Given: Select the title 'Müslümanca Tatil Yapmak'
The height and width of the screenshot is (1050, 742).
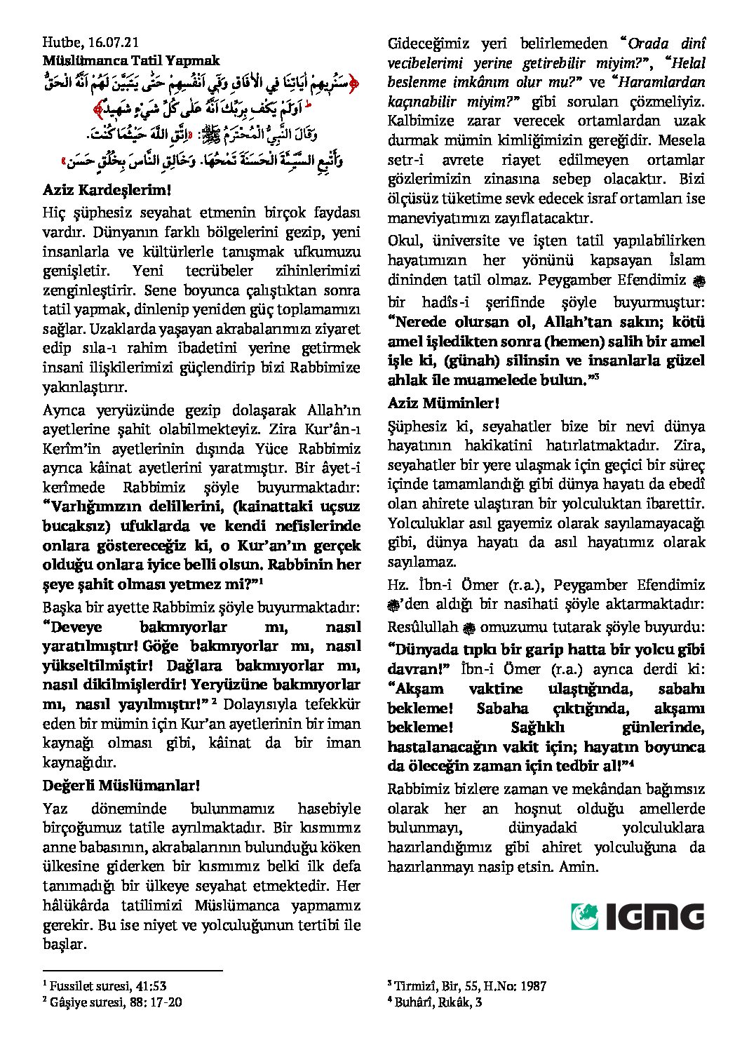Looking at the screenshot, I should (131, 61).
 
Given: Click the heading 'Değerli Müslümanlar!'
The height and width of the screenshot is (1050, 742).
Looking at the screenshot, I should (121, 785).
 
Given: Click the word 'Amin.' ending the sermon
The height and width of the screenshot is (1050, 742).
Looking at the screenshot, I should (579, 866).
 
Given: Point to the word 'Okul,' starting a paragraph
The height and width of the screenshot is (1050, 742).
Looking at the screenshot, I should (405, 241).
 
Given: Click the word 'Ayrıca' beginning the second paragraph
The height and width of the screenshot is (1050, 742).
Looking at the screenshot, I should (64, 410).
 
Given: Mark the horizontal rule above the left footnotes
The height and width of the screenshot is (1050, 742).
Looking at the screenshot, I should (133, 971).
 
